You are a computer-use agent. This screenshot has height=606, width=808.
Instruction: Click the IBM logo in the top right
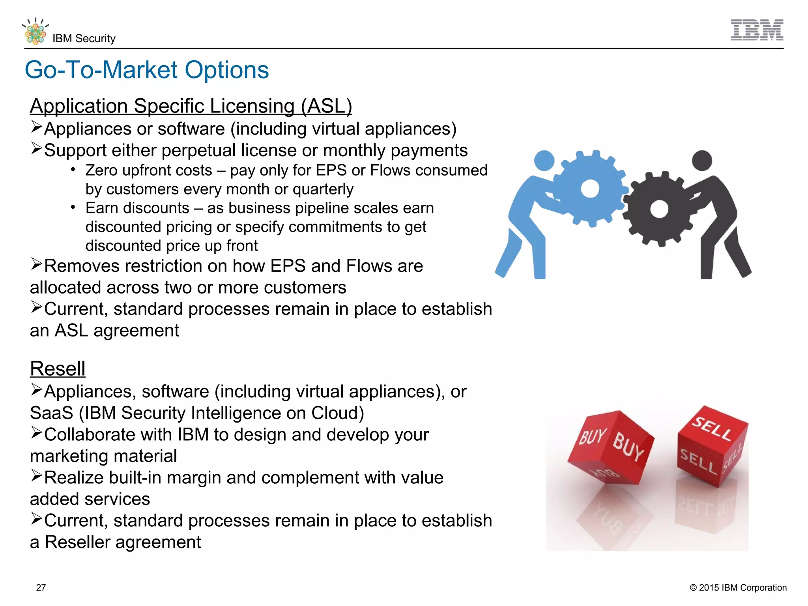(757, 30)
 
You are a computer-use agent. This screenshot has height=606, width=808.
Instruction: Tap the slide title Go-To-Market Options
(147, 70)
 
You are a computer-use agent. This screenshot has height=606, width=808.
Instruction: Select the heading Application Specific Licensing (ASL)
(191, 106)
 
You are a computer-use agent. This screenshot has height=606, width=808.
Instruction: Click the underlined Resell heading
(58, 369)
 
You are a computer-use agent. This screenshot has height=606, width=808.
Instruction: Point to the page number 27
(41, 587)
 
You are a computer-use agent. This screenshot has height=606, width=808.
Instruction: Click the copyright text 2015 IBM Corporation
(738, 587)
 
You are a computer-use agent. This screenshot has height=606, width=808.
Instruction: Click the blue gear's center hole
(590, 188)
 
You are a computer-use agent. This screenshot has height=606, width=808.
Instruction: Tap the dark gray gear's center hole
(659, 209)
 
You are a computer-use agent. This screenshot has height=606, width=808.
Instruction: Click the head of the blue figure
(544, 161)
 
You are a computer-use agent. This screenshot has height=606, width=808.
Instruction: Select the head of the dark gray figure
(702, 161)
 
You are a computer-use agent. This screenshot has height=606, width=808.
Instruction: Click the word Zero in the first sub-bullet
(101, 170)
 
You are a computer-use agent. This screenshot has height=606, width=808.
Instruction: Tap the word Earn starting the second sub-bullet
(101, 208)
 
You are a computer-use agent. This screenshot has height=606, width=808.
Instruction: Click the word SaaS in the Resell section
(51, 413)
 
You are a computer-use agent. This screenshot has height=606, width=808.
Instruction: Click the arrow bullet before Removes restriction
(36, 264)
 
